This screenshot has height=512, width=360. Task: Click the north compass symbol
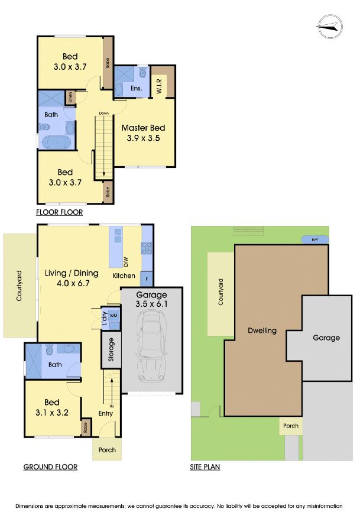point(329,26)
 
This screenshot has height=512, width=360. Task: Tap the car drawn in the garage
point(151,349)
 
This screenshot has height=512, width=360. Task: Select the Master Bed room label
point(143,128)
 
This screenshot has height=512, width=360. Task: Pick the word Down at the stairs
point(103,113)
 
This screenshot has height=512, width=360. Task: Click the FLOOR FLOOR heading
point(59,212)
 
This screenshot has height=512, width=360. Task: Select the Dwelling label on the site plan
point(262,331)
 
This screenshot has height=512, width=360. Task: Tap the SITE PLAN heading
point(205,467)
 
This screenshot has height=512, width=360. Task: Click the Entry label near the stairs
point(106,413)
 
